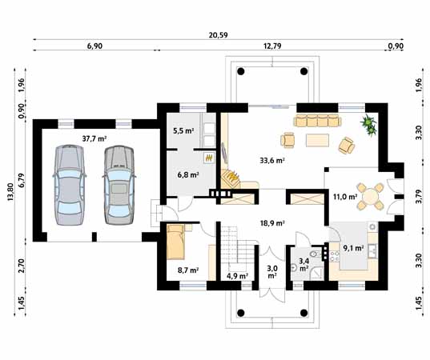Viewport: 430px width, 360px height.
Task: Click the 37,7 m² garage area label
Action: [94, 138]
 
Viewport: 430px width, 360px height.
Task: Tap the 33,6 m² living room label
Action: [271, 160]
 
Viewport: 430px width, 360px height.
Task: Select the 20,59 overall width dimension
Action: [219, 35]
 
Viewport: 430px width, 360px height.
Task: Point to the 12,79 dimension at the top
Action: [272, 46]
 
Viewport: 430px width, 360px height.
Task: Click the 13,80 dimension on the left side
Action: [10, 192]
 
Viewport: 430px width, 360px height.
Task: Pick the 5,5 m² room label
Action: [183, 130]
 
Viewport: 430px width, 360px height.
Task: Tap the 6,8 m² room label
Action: [188, 174]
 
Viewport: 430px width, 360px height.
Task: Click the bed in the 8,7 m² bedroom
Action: [175, 242]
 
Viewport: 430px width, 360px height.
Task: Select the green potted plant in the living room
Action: [368, 125]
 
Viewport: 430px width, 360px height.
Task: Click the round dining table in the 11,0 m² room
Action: [370, 197]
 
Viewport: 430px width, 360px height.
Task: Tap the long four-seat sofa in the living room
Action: [317, 120]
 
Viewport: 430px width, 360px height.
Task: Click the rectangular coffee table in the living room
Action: [317, 140]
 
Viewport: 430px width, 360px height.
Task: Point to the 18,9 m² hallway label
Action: [272, 223]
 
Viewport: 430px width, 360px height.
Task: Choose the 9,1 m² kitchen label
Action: [353, 248]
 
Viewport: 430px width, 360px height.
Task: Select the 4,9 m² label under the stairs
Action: [238, 276]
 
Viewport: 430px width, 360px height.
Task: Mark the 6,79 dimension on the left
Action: [22, 182]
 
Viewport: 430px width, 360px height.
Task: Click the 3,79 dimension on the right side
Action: [419, 197]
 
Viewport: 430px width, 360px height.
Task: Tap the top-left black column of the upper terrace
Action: [240, 71]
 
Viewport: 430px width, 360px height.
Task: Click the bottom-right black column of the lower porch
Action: [303, 313]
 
